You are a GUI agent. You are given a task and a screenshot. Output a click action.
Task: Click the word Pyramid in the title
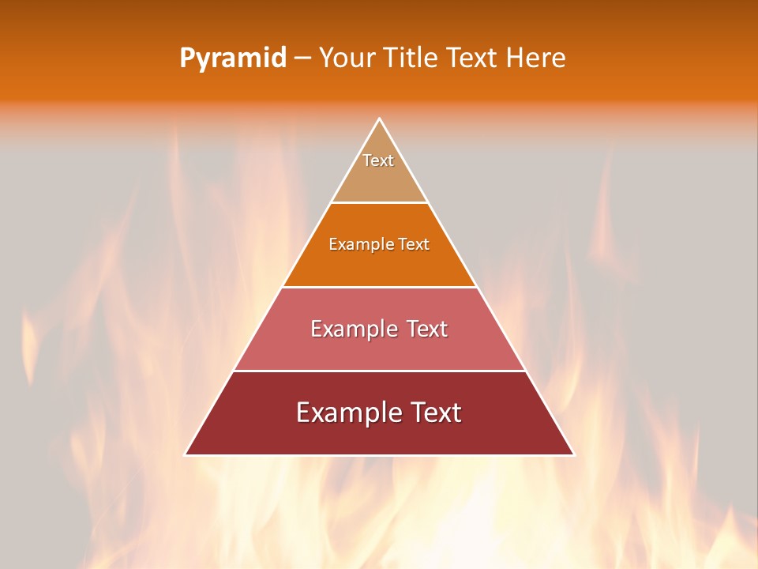[233, 58]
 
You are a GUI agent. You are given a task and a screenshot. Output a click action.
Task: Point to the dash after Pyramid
[302, 58]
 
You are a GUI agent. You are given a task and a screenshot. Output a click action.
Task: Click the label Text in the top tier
[378, 160]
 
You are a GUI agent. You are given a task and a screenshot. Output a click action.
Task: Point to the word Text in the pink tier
[426, 329]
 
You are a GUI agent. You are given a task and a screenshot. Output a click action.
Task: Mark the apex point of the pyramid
[379, 119]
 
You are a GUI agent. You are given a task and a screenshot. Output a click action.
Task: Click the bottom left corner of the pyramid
[186, 454]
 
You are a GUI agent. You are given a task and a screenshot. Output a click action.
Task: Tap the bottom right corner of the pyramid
[574, 454]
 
